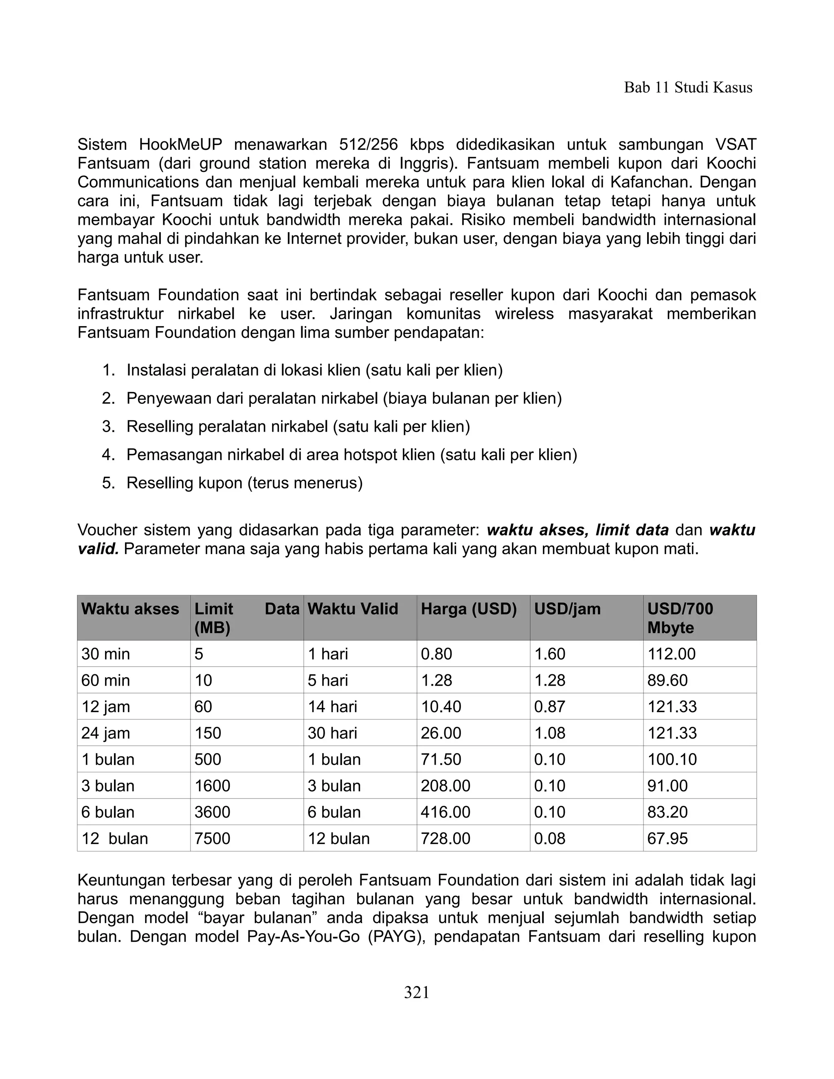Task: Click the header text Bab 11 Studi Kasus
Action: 688,88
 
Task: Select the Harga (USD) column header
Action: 468,609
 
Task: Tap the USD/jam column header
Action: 567,609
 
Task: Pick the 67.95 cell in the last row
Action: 667,838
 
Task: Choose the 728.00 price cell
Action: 445,838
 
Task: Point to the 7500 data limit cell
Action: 213,838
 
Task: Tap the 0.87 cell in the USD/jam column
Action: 549,706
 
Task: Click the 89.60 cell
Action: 667,680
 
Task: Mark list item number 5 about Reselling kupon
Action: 244,482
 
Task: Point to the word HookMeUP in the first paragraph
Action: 180,145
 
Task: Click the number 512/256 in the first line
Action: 369,145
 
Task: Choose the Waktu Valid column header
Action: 353,609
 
